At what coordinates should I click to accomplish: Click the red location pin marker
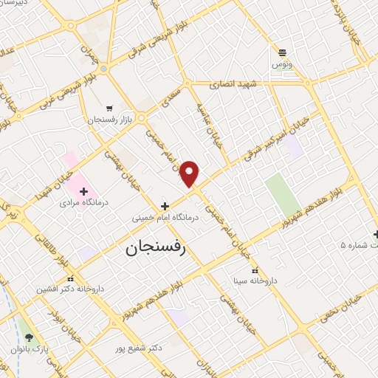click(x=190, y=173)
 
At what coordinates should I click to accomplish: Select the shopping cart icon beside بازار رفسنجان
click(x=109, y=108)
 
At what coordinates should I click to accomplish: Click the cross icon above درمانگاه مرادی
click(x=84, y=190)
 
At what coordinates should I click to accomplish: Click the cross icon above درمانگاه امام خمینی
click(x=165, y=206)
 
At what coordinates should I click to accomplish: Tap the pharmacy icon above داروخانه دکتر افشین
click(x=71, y=278)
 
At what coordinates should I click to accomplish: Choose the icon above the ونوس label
click(x=282, y=52)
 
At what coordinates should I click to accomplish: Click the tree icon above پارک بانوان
click(x=30, y=337)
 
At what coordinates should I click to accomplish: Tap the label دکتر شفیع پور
click(x=140, y=347)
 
